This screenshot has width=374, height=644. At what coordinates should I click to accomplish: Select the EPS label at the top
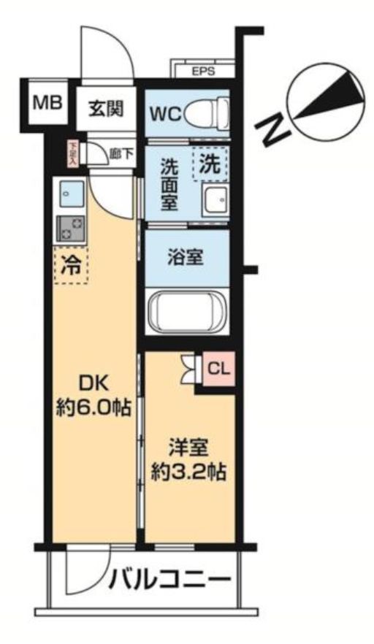coord(203,72)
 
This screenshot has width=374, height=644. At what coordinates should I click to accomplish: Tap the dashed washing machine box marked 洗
coord(210,164)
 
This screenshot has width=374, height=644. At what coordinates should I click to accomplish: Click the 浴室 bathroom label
coord(186,257)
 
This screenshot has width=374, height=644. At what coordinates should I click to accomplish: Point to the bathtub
coord(188,310)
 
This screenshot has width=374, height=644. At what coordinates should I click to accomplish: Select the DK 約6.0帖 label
coord(93,394)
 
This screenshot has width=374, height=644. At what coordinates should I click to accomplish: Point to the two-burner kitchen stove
coord(70,229)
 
